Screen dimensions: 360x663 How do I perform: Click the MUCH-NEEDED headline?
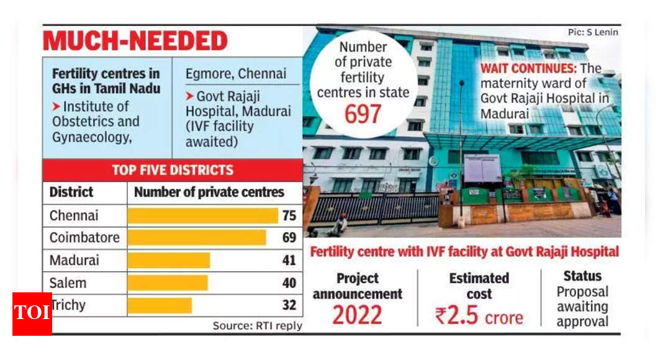coord(135,41)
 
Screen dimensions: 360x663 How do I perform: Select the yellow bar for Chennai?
coord(202,215)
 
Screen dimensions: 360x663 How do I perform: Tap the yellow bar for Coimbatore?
coord(197,238)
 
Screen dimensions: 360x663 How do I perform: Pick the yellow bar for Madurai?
coord(169,260)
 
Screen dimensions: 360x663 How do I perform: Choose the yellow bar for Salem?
coord(168,283)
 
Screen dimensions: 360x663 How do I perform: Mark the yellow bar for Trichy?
coord(160,305)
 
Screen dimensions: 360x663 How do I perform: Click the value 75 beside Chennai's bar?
coord(289,215)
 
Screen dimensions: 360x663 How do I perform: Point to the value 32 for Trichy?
coord(289,305)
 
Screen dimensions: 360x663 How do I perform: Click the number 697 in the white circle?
coord(363,114)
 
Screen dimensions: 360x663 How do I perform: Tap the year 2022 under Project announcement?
coord(357,315)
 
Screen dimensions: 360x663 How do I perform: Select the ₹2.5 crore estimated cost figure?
coord(479,316)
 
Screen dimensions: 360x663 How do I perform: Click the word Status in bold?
coord(582,276)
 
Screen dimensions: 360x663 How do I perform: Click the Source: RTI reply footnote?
coord(257,325)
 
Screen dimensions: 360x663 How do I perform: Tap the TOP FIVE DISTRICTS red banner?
coord(172,170)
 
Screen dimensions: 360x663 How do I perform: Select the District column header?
coord(71,192)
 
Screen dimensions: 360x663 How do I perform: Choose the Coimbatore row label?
coord(85,238)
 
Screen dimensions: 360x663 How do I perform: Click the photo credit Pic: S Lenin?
coord(593,32)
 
